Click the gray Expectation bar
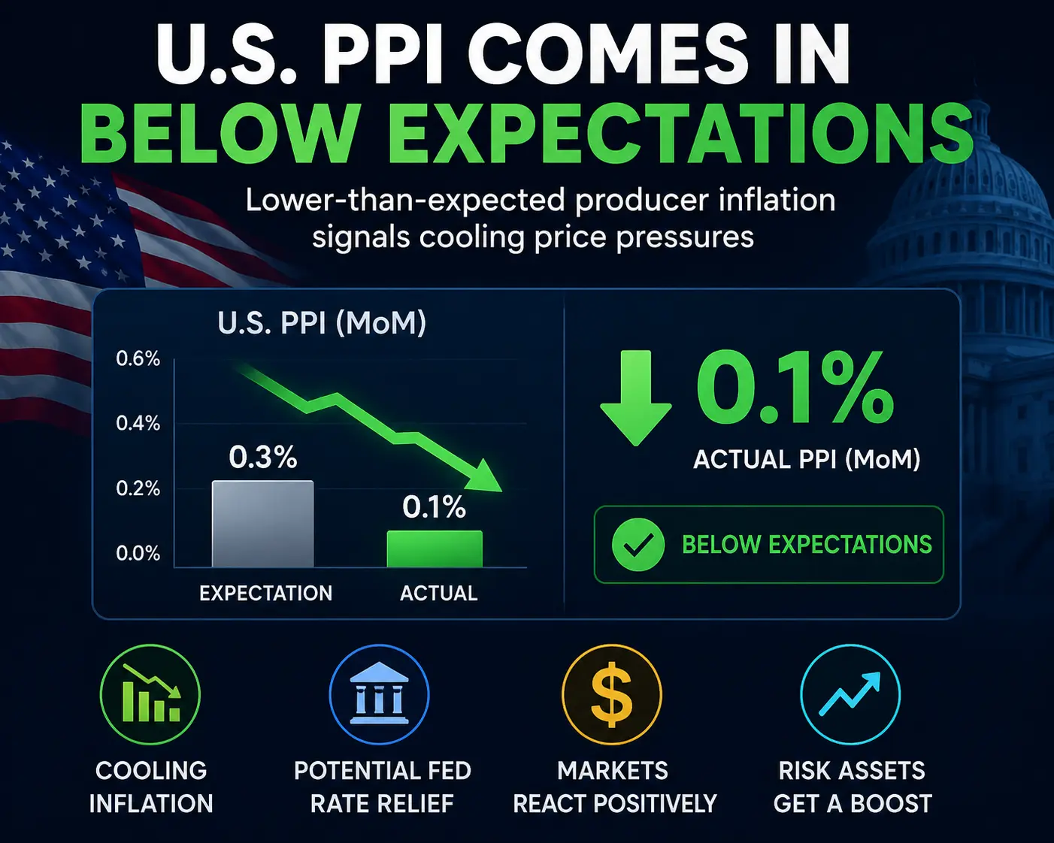click(263, 524)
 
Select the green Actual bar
click(435, 548)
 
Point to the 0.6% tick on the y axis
click(138, 359)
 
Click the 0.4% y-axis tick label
click(138, 424)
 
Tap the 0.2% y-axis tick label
click(138, 488)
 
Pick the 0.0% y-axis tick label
click(138, 553)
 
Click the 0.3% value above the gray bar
click(263, 458)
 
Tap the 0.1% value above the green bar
click(435, 506)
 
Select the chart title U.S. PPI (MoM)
click(322, 324)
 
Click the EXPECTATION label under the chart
click(266, 594)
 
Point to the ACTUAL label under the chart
click(439, 594)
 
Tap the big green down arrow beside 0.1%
click(636, 397)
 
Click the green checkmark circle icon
click(638, 545)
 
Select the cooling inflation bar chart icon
click(150, 694)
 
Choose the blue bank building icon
click(379, 694)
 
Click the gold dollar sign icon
click(612, 694)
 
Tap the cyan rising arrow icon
click(850, 694)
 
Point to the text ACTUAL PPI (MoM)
click(807, 460)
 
